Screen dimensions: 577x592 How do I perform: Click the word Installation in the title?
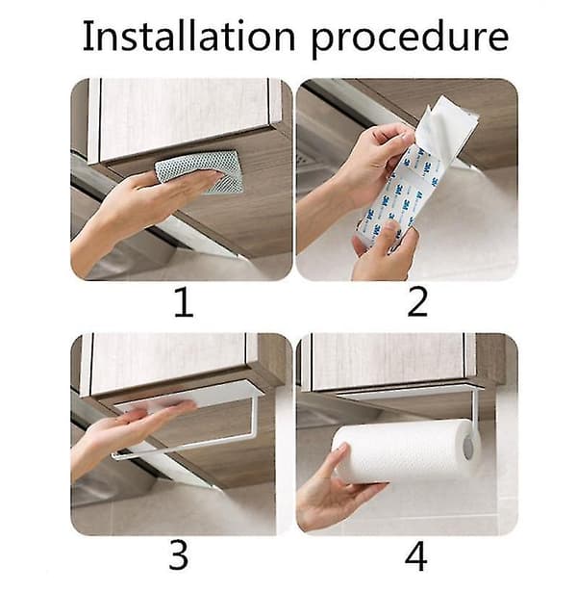coord(188,37)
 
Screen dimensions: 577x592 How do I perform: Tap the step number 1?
coord(184,302)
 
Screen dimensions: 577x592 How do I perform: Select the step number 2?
coord(417,302)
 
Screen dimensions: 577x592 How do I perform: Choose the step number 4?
coord(416,556)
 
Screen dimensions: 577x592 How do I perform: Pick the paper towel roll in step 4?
coord(406,450)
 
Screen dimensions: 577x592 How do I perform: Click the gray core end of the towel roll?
coord(468,448)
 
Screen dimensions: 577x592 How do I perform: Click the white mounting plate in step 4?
coord(409,391)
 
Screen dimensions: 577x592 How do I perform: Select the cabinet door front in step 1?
coord(185,117)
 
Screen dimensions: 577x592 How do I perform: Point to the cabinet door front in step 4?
coord(389,361)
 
